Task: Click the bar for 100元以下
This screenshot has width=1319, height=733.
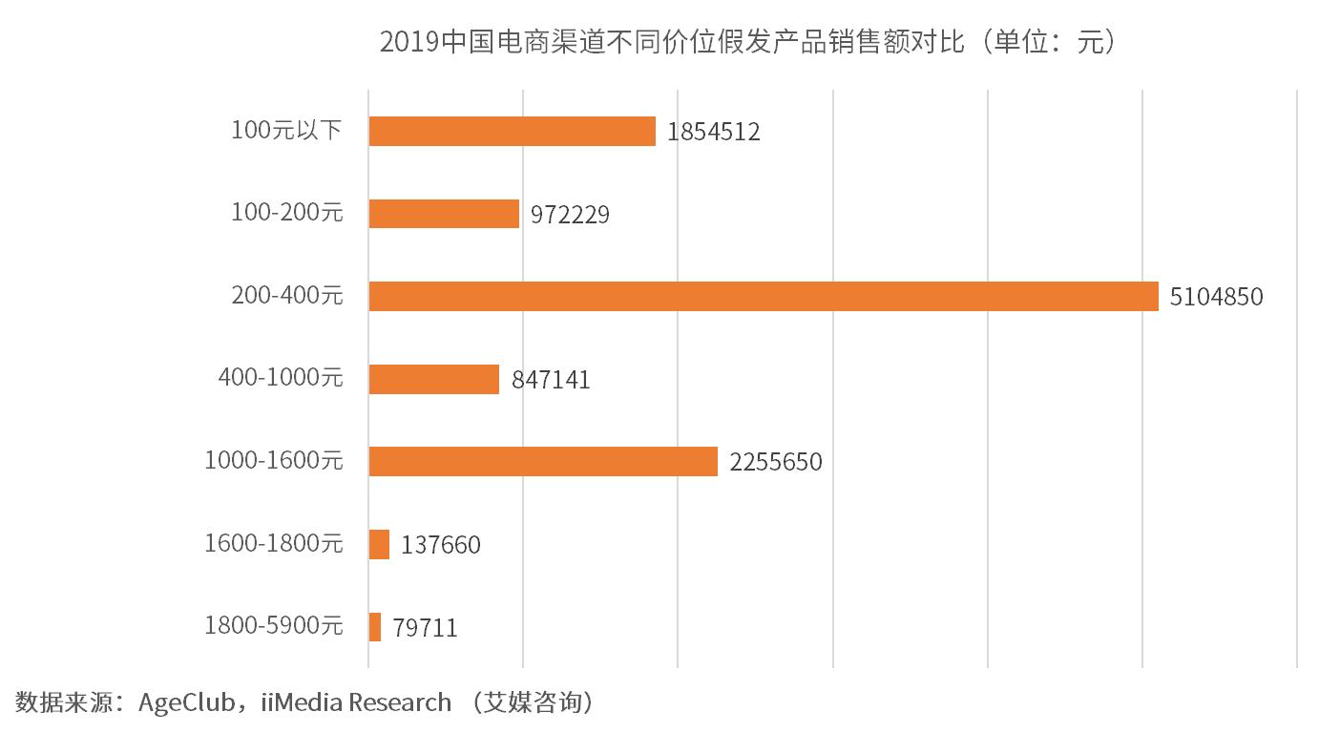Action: click(512, 131)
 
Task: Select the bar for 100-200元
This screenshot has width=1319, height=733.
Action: click(444, 214)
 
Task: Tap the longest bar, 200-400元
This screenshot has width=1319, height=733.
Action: click(763, 296)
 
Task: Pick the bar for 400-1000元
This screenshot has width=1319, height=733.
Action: click(433, 379)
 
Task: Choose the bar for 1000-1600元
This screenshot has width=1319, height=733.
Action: click(542, 461)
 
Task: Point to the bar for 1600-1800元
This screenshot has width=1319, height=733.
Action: click(379, 544)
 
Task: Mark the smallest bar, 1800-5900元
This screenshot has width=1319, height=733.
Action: click(375, 627)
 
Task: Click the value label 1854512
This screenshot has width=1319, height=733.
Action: click(714, 132)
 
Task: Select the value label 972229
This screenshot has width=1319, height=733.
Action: click(570, 215)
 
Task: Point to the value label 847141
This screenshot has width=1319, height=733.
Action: click(551, 380)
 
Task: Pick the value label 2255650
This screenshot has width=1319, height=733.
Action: click(775, 463)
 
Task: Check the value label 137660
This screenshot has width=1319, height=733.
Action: click(441, 545)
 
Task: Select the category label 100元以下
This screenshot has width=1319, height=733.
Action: click(286, 130)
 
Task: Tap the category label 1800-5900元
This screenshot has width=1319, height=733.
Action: click(273, 626)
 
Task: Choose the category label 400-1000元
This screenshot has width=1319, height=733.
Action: click(280, 378)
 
